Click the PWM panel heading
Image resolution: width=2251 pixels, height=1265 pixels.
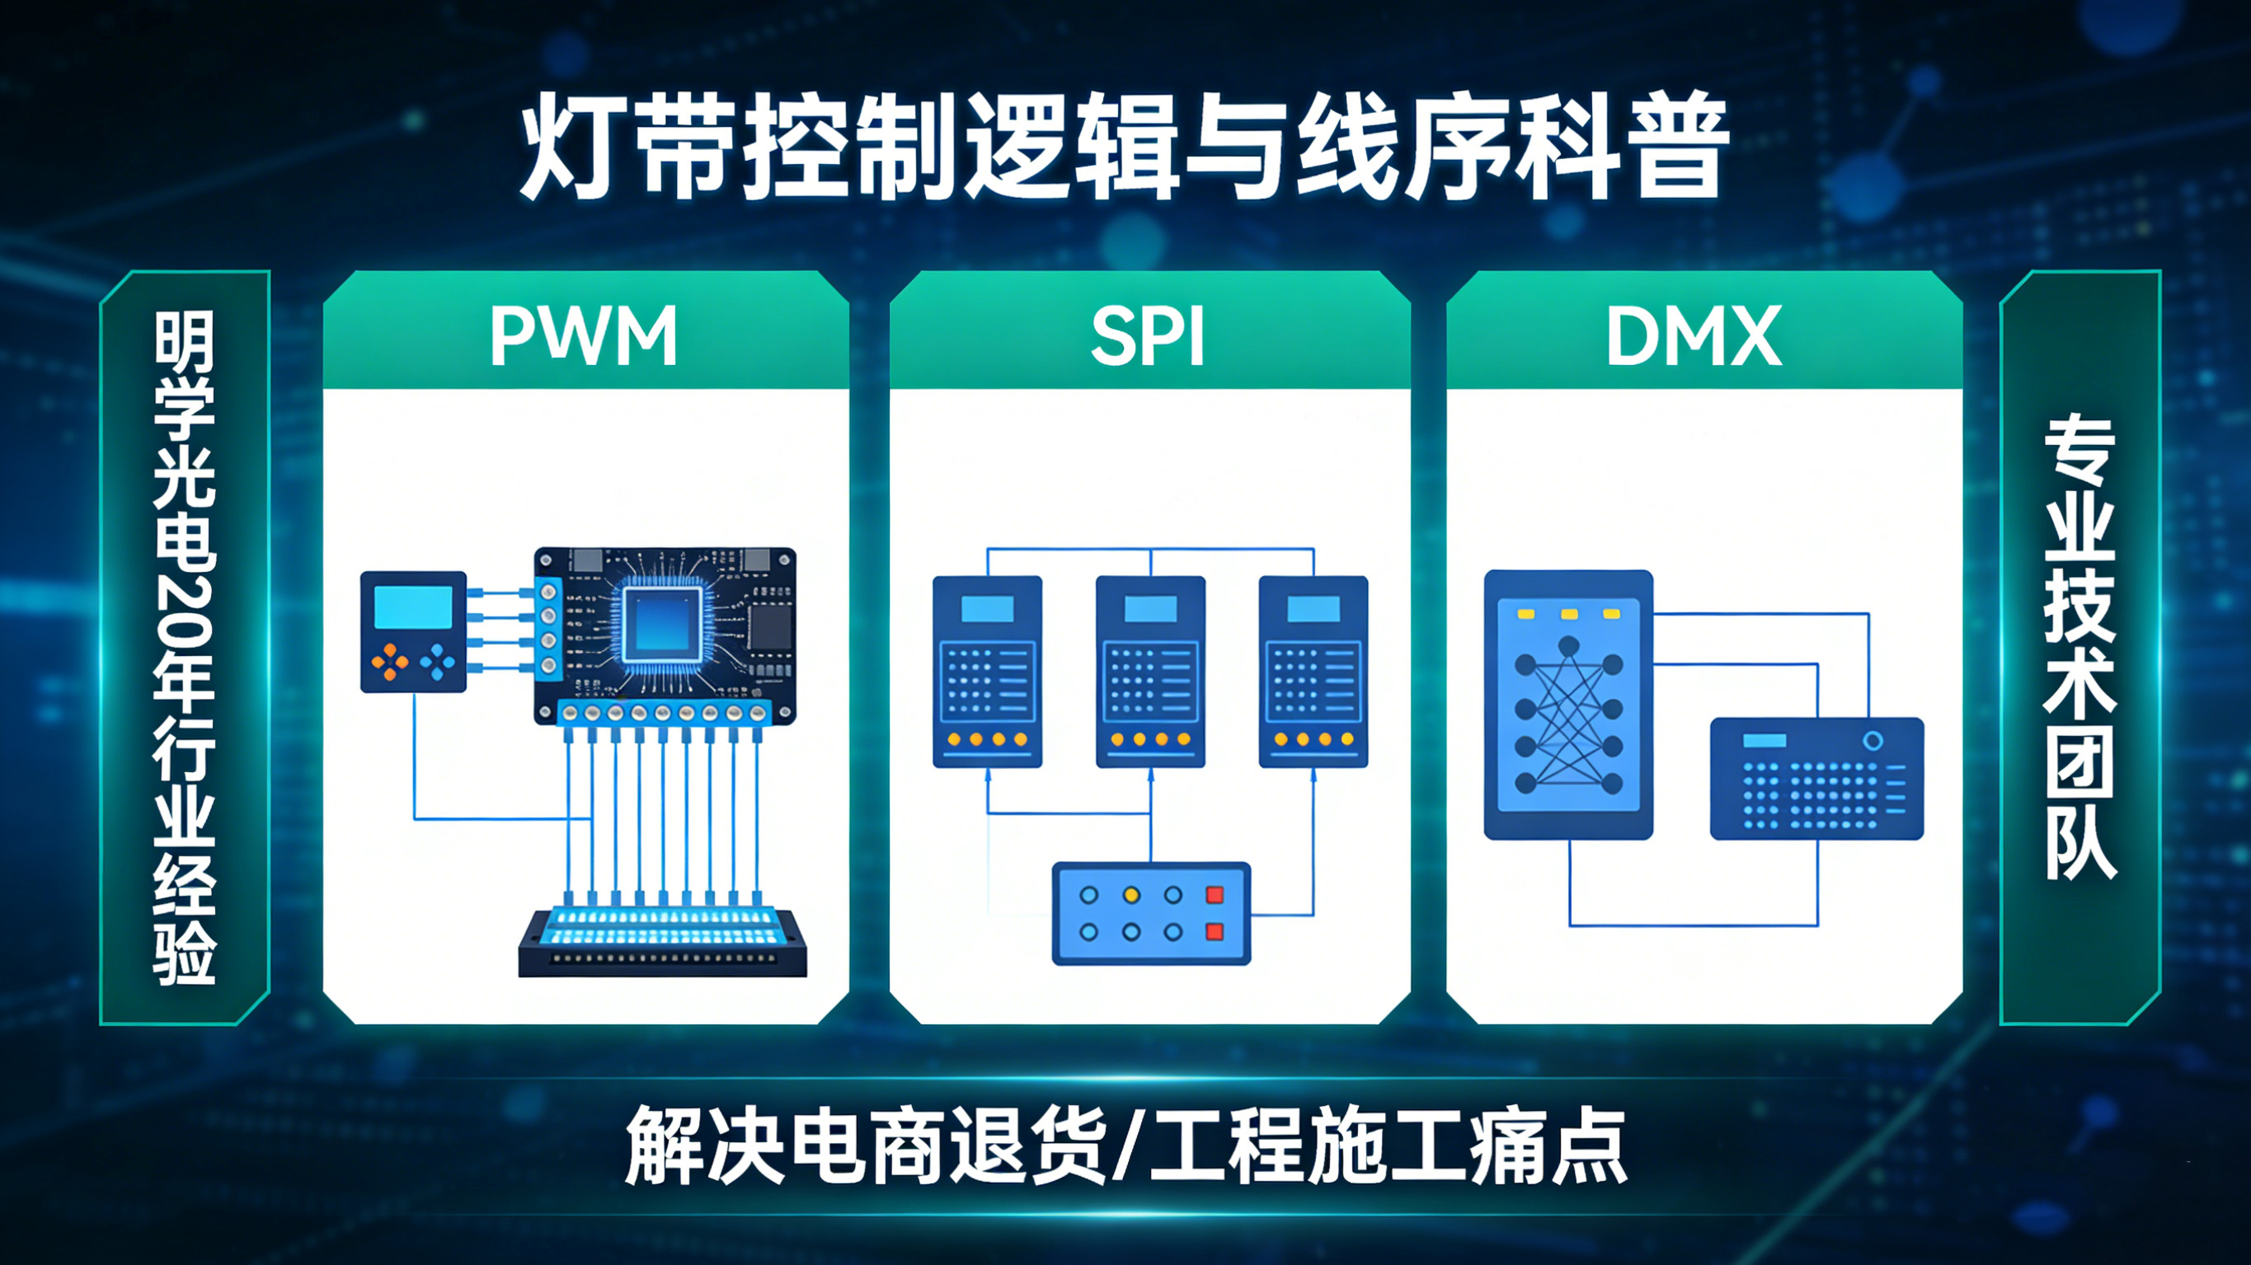(x=584, y=335)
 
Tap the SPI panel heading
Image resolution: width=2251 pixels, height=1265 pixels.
(x=1149, y=336)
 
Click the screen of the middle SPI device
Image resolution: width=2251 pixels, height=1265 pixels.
(x=1150, y=609)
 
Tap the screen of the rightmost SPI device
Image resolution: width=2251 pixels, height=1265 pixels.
(x=1313, y=609)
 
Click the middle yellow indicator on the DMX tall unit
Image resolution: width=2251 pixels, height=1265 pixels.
(x=1568, y=615)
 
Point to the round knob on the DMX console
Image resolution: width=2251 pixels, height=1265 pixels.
(x=1873, y=741)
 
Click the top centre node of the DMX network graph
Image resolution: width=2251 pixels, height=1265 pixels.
(x=1568, y=646)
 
